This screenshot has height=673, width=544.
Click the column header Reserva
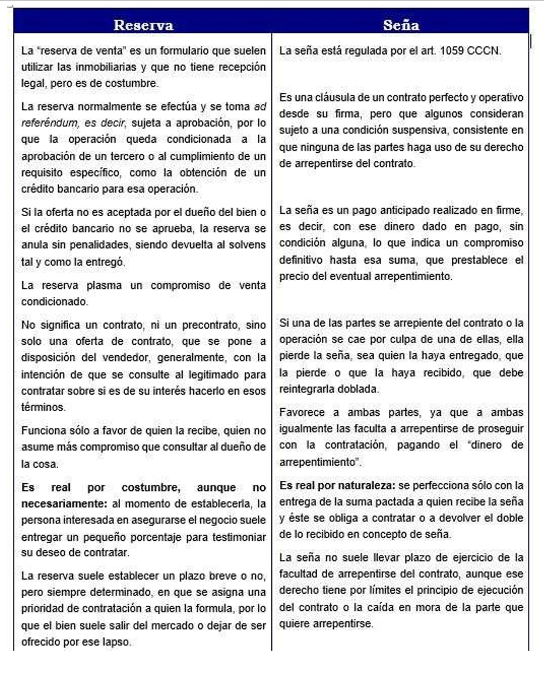pos(143,25)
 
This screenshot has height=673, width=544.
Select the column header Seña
pos(401,25)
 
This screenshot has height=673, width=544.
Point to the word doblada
pos(368,389)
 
